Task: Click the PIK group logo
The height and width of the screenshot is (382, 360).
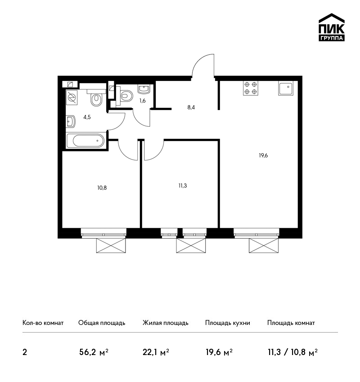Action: [x=332, y=27]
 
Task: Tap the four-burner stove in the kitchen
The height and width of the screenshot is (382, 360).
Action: [x=251, y=88]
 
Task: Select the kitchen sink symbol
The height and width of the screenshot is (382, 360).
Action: [x=286, y=88]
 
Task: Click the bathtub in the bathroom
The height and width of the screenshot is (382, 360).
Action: [x=85, y=141]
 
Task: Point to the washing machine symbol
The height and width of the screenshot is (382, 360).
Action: [x=72, y=98]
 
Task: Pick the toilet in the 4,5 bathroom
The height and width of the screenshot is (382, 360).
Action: [x=96, y=98]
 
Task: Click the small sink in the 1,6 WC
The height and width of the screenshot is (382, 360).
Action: [x=144, y=89]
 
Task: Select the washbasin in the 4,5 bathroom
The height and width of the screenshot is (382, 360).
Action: [x=71, y=121]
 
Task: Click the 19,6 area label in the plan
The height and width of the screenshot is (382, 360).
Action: [x=263, y=155]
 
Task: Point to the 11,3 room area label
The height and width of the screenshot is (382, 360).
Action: [x=182, y=186]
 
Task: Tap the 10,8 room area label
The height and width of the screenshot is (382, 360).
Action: [x=102, y=188]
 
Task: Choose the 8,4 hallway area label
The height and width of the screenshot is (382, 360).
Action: [x=191, y=107]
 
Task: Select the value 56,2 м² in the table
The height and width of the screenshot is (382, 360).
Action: [x=94, y=352]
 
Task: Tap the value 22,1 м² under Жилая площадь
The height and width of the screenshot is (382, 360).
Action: [x=156, y=352]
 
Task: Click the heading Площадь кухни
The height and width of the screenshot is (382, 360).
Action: [x=228, y=323]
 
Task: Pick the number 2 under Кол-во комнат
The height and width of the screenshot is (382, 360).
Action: [x=25, y=352]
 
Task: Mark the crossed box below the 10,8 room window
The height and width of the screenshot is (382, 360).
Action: [x=111, y=245]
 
